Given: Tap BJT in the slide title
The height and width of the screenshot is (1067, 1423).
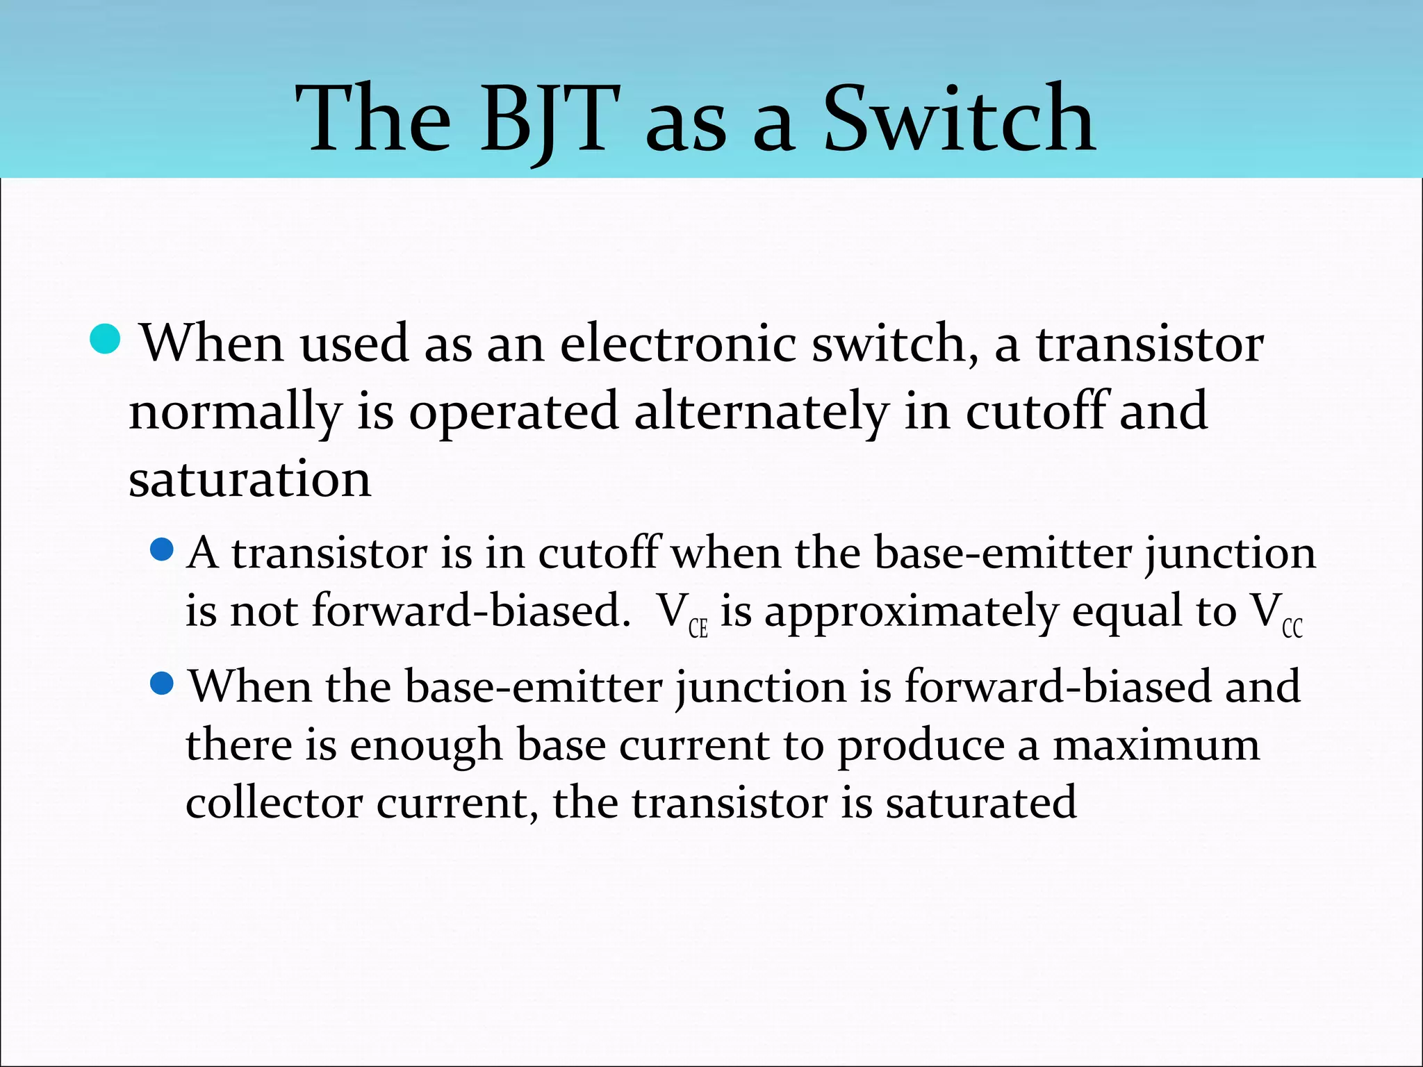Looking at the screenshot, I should (549, 119).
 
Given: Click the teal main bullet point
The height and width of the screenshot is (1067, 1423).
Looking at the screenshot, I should (106, 339).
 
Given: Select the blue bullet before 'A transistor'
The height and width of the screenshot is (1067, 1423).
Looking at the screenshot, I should (161, 550).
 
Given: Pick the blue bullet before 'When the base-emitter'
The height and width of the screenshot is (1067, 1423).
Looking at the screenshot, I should (161, 684).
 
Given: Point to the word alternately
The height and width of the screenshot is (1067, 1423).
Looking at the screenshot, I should (761, 411).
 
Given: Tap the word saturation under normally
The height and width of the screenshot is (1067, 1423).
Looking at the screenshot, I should (250, 479).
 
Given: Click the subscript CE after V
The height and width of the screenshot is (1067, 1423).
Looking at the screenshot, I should (698, 629).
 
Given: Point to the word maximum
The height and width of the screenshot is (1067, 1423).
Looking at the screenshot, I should (1155, 745).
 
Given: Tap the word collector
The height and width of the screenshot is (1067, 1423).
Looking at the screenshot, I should (274, 803).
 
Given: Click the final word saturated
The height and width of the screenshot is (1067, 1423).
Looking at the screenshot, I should (980, 803).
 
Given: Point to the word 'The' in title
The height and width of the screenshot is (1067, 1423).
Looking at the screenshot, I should (373, 119).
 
